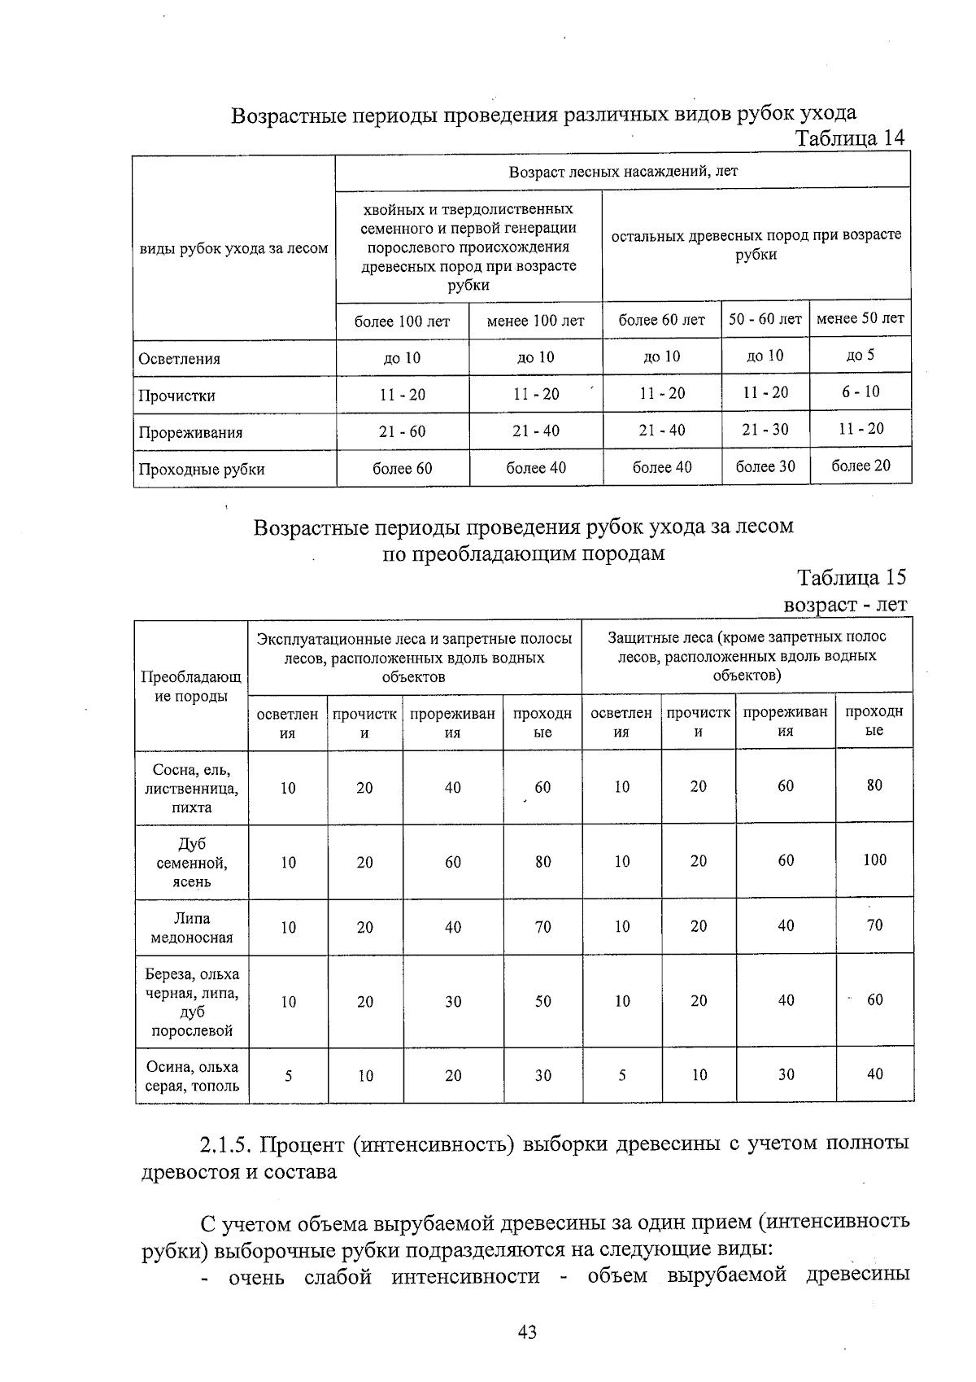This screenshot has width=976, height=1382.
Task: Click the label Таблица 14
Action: click(850, 138)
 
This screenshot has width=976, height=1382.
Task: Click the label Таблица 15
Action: click(852, 578)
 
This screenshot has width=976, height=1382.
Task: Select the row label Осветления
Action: click(179, 359)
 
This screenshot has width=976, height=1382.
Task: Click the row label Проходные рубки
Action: click(201, 470)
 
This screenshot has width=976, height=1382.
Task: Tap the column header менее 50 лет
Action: click(860, 318)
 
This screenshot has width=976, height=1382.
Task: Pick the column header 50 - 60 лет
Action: click(765, 319)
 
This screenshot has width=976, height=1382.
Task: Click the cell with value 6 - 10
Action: click(861, 391)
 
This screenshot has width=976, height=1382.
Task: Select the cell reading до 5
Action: click(861, 355)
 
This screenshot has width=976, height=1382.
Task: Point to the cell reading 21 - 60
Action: click(402, 431)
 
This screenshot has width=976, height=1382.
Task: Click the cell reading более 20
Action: click(861, 466)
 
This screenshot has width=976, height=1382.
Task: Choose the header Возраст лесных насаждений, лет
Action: click(622, 172)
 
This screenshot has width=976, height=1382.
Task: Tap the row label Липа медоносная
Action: click(192, 928)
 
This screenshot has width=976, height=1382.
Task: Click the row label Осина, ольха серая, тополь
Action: click(192, 1076)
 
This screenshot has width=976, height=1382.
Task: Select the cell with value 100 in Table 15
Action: click(874, 859)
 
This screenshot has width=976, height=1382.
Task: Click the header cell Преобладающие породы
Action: click(191, 687)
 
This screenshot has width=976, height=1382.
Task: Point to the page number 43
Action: click(526, 1332)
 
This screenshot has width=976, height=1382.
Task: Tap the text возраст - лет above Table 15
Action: click(844, 605)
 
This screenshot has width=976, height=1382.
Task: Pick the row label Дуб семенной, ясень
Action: click(192, 863)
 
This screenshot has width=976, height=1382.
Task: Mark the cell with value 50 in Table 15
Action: click(542, 1001)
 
